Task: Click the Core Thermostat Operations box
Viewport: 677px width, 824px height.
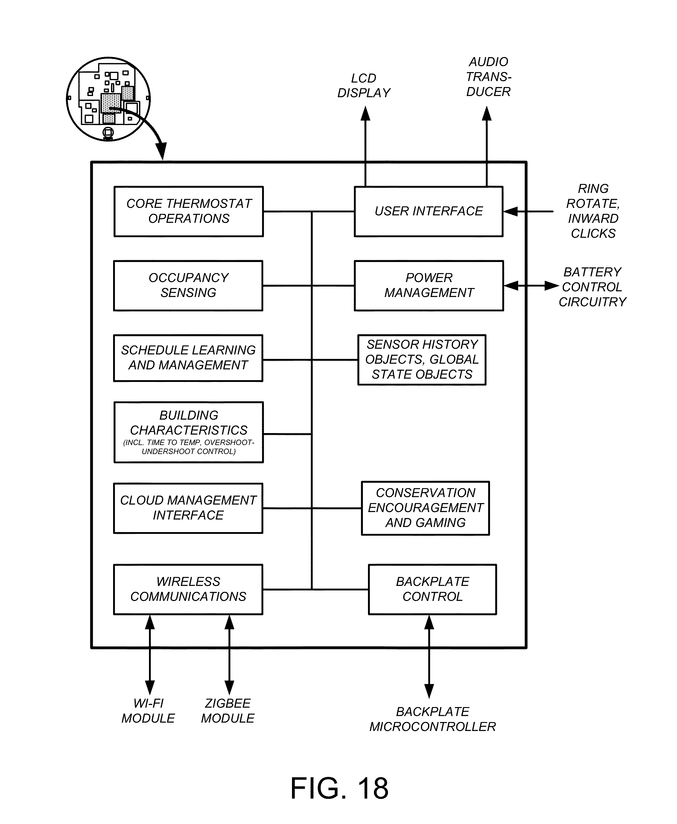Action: (189, 211)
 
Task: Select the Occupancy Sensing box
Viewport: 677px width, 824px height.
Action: (188, 285)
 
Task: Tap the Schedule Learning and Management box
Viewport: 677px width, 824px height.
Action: (188, 358)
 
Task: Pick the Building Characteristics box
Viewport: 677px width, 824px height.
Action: (189, 432)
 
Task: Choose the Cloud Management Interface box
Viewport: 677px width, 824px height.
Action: (188, 508)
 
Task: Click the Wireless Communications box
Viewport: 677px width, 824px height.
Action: (188, 589)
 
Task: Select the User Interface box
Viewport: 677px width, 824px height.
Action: (429, 211)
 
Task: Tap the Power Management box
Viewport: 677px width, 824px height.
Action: (429, 285)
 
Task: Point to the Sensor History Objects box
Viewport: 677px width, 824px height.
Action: (422, 360)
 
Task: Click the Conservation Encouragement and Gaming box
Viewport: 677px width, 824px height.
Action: (425, 508)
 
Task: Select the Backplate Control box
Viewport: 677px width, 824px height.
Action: (433, 589)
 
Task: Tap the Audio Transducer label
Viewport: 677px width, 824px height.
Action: (488, 77)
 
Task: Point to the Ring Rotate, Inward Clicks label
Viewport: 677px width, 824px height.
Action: (593, 211)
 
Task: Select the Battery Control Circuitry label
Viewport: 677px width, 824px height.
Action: (592, 287)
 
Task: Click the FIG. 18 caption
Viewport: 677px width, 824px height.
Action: (339, 788)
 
